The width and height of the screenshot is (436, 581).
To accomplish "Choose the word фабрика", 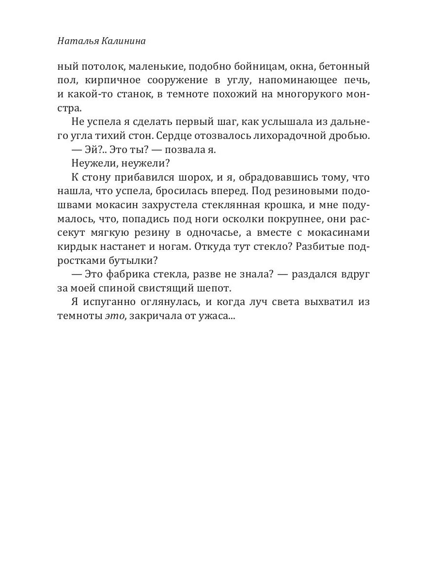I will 133,275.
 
